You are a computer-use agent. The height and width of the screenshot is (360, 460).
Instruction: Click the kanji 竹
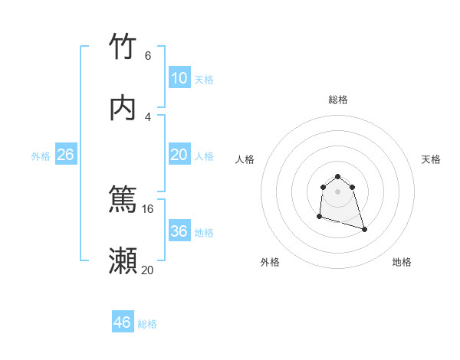click(123, 47)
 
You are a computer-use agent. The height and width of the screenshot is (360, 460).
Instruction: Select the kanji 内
click(123, 108)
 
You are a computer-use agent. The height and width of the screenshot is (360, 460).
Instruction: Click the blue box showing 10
click(179, 78)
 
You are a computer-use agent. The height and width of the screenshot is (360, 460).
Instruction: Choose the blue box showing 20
click(179, 155)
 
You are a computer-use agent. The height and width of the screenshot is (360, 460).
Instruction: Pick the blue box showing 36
click(179, 231)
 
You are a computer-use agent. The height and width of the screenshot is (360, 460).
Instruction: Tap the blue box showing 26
click(66, 155)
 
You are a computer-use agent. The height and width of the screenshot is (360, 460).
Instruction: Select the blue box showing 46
click(123, 322)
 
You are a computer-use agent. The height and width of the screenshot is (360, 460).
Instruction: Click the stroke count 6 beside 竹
click(148, 55)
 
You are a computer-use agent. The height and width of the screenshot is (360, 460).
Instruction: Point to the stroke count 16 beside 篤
click(148, 208)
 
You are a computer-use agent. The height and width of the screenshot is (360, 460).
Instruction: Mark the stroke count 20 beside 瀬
click(148, 270)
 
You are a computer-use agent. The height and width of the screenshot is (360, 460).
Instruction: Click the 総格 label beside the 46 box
click(148, 324)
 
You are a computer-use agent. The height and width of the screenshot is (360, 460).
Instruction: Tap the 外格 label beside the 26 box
click(41, 156)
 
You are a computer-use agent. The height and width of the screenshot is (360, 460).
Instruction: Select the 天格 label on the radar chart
click(431, 159)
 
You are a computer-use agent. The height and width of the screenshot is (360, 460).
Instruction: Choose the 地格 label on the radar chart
click(402, 262)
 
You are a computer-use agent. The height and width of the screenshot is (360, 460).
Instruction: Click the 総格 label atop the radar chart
click(338, 100)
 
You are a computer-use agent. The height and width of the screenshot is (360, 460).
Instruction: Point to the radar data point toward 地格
click(364, 229)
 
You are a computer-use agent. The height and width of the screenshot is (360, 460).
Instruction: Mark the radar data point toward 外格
click(320, 218)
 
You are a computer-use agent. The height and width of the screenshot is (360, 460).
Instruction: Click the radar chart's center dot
click(338, 191)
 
